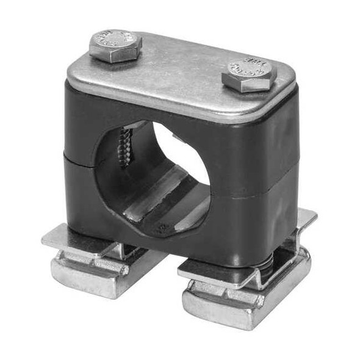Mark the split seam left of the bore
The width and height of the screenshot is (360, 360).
pyautogui.click(x=79, y=159)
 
